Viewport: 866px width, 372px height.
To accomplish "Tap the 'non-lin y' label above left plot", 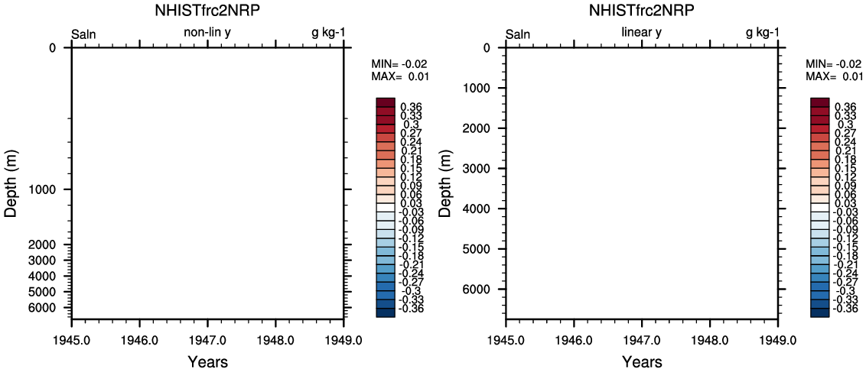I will point(207,33).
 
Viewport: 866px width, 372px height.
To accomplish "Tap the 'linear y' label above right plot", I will point(641,33).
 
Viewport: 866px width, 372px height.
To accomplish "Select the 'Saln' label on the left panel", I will point(83,34).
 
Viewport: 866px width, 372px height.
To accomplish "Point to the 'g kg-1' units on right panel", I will point(763,33).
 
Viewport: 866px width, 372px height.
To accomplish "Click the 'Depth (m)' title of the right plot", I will point(446,183).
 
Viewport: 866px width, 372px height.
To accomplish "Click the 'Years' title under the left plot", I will point(207,361).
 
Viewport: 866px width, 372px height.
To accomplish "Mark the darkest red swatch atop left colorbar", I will point(385,102).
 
